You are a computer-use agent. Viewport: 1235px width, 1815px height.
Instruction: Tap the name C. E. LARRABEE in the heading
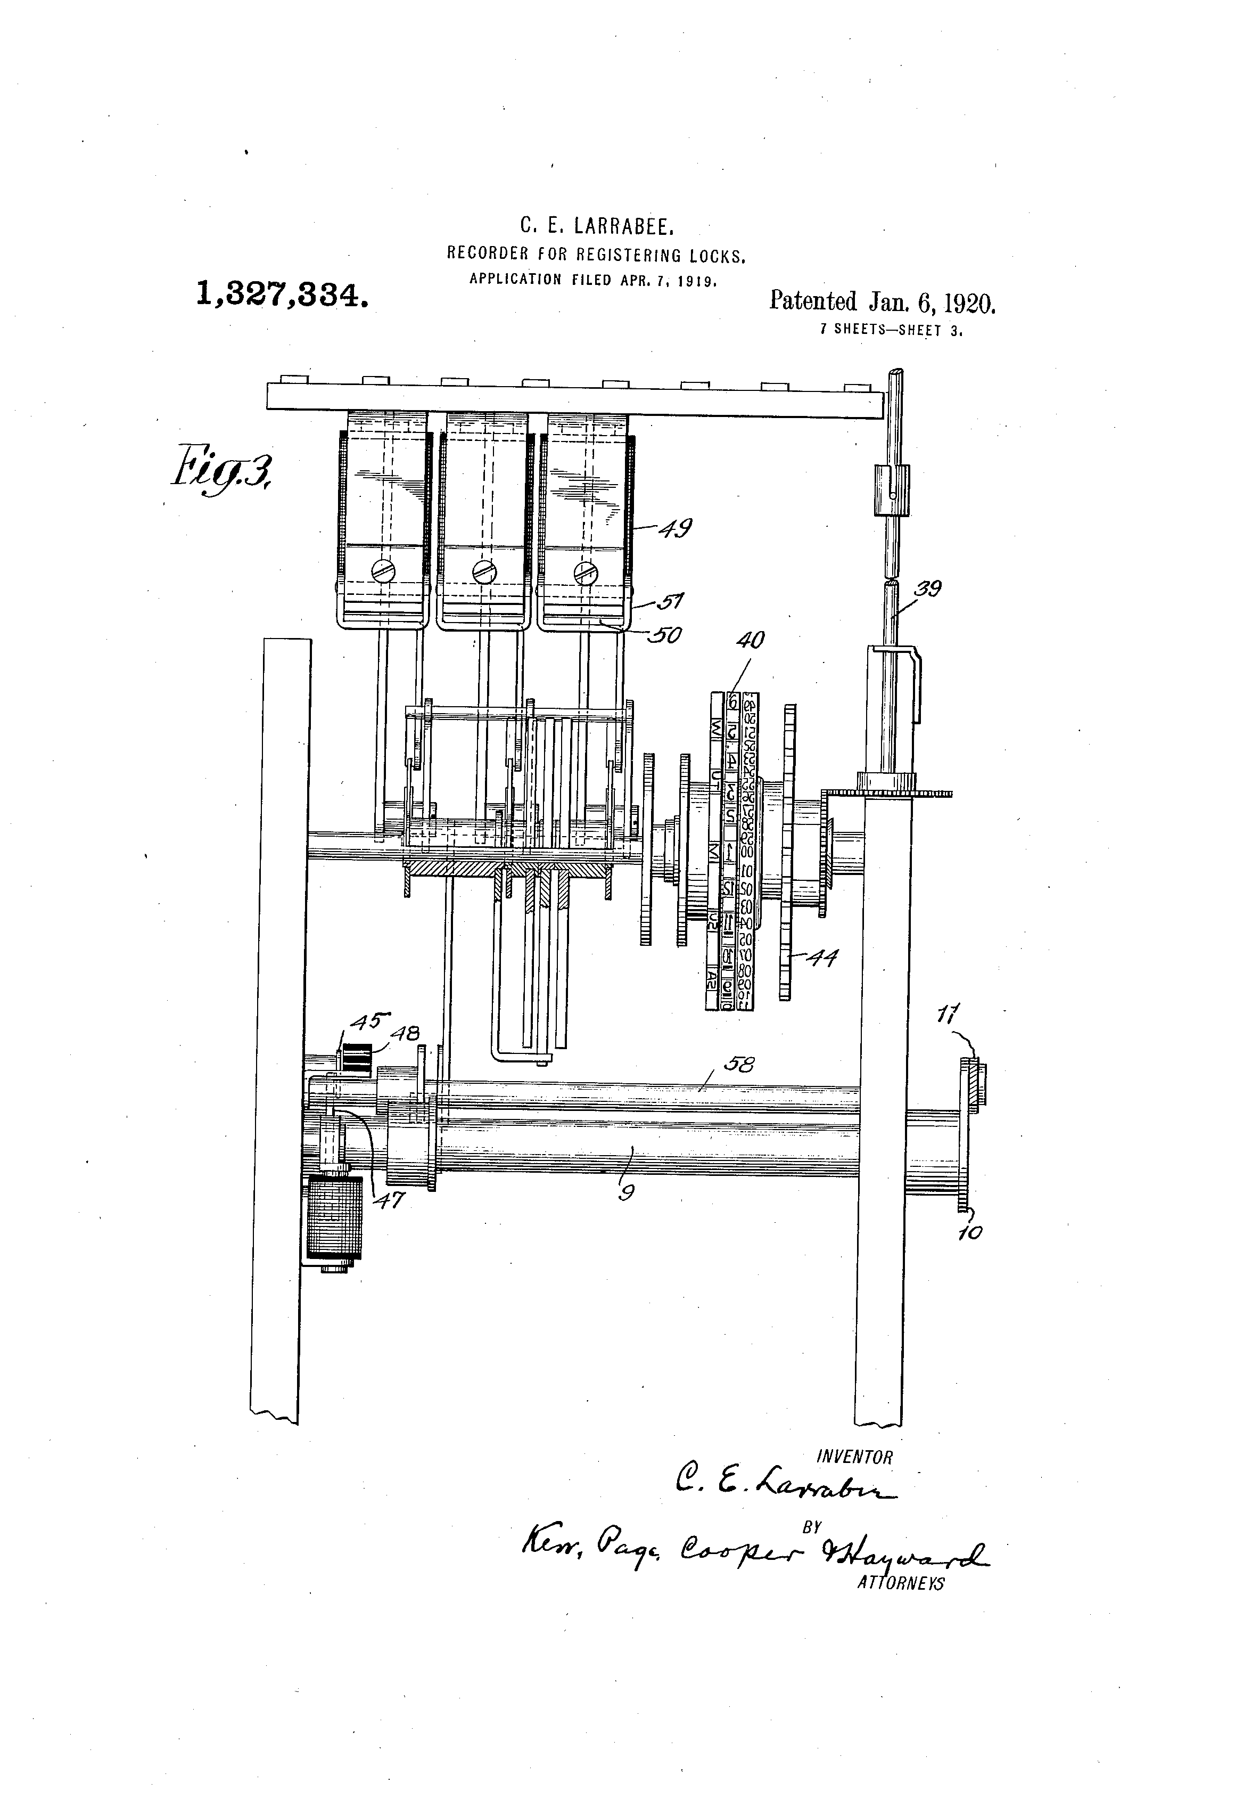coord(597,226)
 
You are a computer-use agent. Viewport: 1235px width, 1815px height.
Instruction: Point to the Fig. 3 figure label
coord(223,467)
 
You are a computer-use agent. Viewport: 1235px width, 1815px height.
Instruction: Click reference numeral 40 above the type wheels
coord(750,640)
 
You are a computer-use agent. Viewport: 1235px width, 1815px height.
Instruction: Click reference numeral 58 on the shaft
coord(738,1063)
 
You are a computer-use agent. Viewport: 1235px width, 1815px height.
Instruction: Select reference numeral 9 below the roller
coord(624,1192)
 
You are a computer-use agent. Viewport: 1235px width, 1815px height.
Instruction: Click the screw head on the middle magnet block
coord(484,573)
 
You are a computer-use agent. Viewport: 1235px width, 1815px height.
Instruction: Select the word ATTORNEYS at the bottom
coord(900,1583)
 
